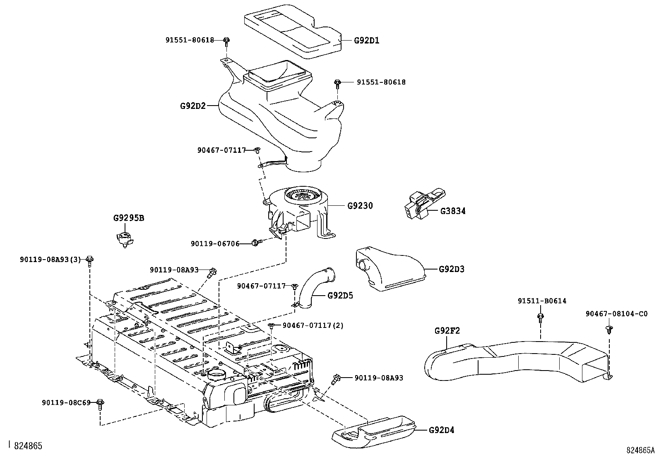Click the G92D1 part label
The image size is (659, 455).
(x=367, y=40)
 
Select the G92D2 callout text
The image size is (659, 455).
(x=193, y=106)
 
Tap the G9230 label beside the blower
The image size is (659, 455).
(x=360, y=205)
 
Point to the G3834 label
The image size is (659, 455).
(x=453, y=211)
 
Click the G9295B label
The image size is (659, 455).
(x=129, y=218)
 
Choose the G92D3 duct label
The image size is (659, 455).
(x=452, y=269)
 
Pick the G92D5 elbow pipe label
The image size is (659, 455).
(x=340, y=295)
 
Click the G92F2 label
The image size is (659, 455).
(x=447, y=331)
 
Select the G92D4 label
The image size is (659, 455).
(x=442, y=430)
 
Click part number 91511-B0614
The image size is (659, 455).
(x=542, y=301)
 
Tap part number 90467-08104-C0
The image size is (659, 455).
(x=617, y=314)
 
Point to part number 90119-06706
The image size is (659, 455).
(x=215, y=244)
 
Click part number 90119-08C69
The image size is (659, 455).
(x=66, y=402)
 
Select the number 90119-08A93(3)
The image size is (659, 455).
(x=51, y=259)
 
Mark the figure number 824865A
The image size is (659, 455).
(x=640, y=450)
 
